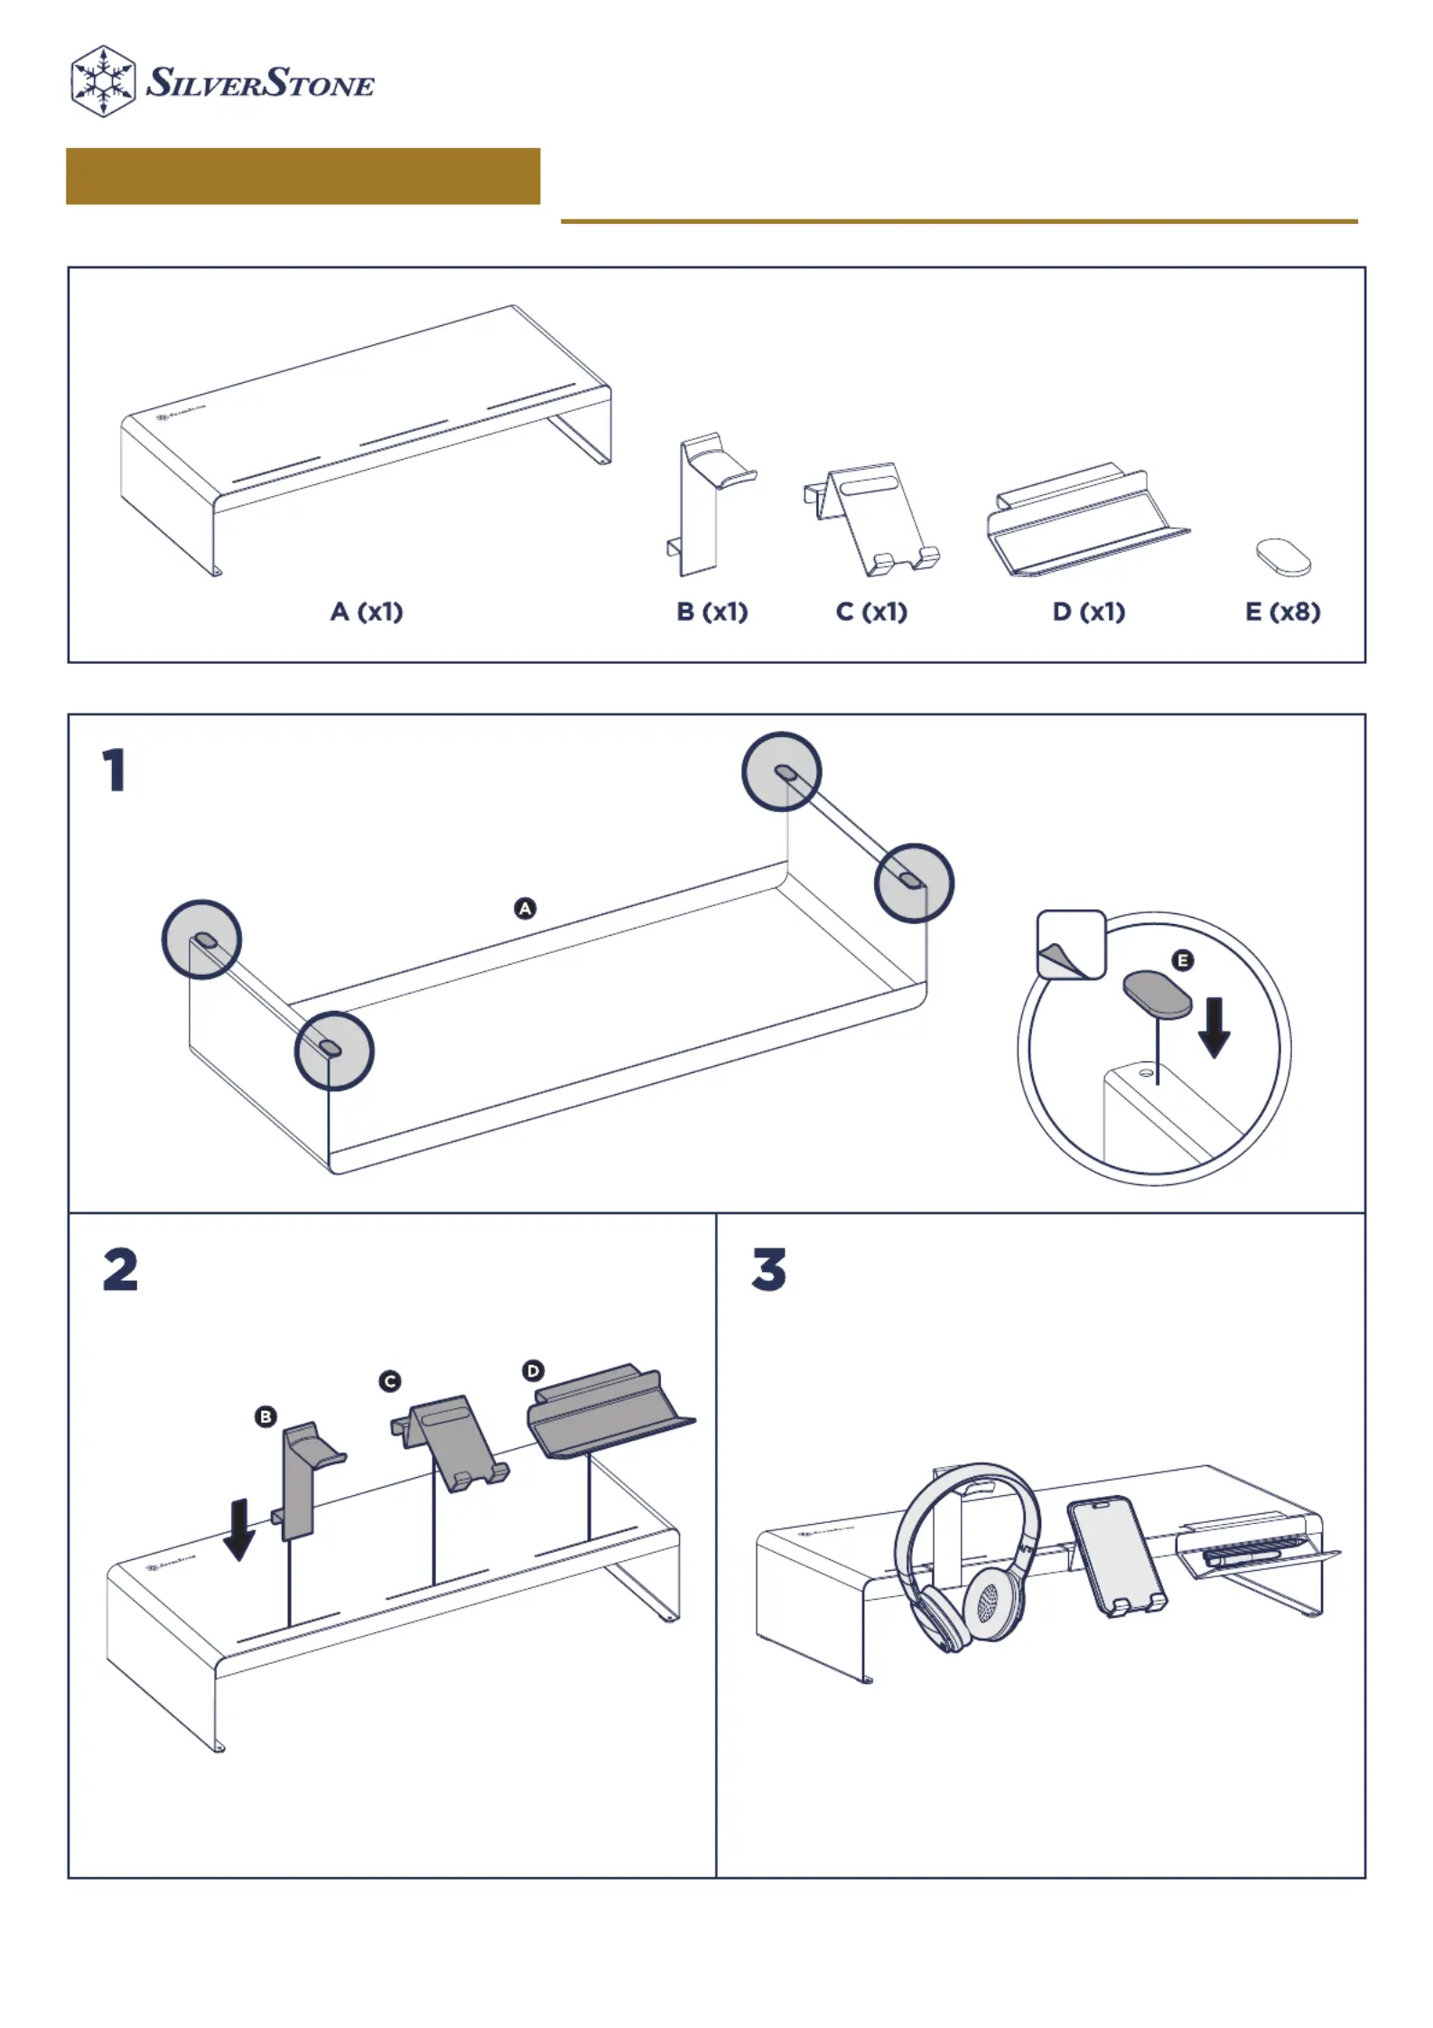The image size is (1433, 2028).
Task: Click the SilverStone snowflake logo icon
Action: pyautogui.click(x=103, y=81)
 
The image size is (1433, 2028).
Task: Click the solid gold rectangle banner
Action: pyautogui.click(x=302, y=176)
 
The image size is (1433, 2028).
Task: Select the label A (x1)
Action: pyautogui.click(x=367, y=612)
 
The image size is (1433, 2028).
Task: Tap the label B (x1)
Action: pyautogui.click(x=712, y=612)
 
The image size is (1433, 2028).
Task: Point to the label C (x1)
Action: pyautogui.click(x=871, y=612)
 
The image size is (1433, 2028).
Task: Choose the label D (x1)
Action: pyautogui.click(x=1089, y=612)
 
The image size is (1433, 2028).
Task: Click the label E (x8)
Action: pyautogui.click(x=1282, y=612)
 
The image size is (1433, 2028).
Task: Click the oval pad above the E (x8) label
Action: pyautogui.click(x=1283, y=556)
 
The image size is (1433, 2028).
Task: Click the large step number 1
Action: pyautogui.click(x=114, y=771)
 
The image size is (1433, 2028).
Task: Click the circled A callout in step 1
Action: pyautogui.click(x=525, y=908)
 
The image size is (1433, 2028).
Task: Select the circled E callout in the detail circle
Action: pyautogui.click(x=1182, y=960)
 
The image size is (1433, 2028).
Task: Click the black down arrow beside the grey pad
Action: pyautogui.click(x=1214, y=1026)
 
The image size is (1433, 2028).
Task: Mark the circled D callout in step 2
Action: pyautogui.click(x=533, y=1370)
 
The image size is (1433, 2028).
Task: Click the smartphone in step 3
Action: pyautogui.click(x=1116, y=1556)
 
